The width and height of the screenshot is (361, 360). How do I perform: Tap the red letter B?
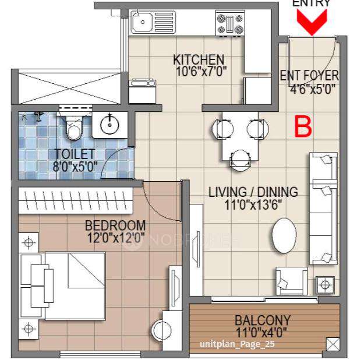click(x=302, y=126)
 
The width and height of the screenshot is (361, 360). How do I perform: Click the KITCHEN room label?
click(x=199, y=59)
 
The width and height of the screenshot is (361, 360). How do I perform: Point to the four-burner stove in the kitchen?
click(x=230, y=23)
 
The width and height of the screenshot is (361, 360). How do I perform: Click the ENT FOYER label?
click(x=309, y=76)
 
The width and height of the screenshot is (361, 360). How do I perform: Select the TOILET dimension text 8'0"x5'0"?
click(x=75, y=167)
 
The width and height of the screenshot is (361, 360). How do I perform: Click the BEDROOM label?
click(x=115, y=225)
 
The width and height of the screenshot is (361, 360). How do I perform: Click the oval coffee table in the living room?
click(x=284, y=235)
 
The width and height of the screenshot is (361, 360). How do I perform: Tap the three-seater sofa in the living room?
click(x=323, y=207)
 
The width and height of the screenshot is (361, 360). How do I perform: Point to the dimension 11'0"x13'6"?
click(x=253, y=204)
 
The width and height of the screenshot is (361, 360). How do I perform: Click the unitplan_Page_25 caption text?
click(x=236, y=344)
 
